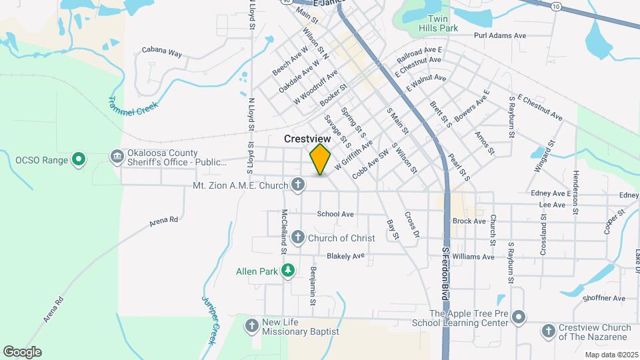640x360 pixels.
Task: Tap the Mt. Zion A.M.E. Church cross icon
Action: point(298,185)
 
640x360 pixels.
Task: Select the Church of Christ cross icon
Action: point(298,237)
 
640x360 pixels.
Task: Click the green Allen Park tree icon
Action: point(288,271)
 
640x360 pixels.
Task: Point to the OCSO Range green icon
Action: point(79,159)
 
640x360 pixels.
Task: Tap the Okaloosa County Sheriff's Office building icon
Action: point(117,157)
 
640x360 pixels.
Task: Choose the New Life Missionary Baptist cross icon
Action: point(252,326)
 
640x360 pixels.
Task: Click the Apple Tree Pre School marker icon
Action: point(520,317)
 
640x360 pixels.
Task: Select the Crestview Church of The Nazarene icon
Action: point(548,331)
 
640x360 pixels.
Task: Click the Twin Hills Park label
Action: point(439,23)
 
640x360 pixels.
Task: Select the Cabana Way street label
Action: point(162,51)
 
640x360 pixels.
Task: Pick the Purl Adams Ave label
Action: point(500,35)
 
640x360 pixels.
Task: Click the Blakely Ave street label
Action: point(345,255)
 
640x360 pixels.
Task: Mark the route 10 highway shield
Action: point(557,6)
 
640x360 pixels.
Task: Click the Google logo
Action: point(22,351)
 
